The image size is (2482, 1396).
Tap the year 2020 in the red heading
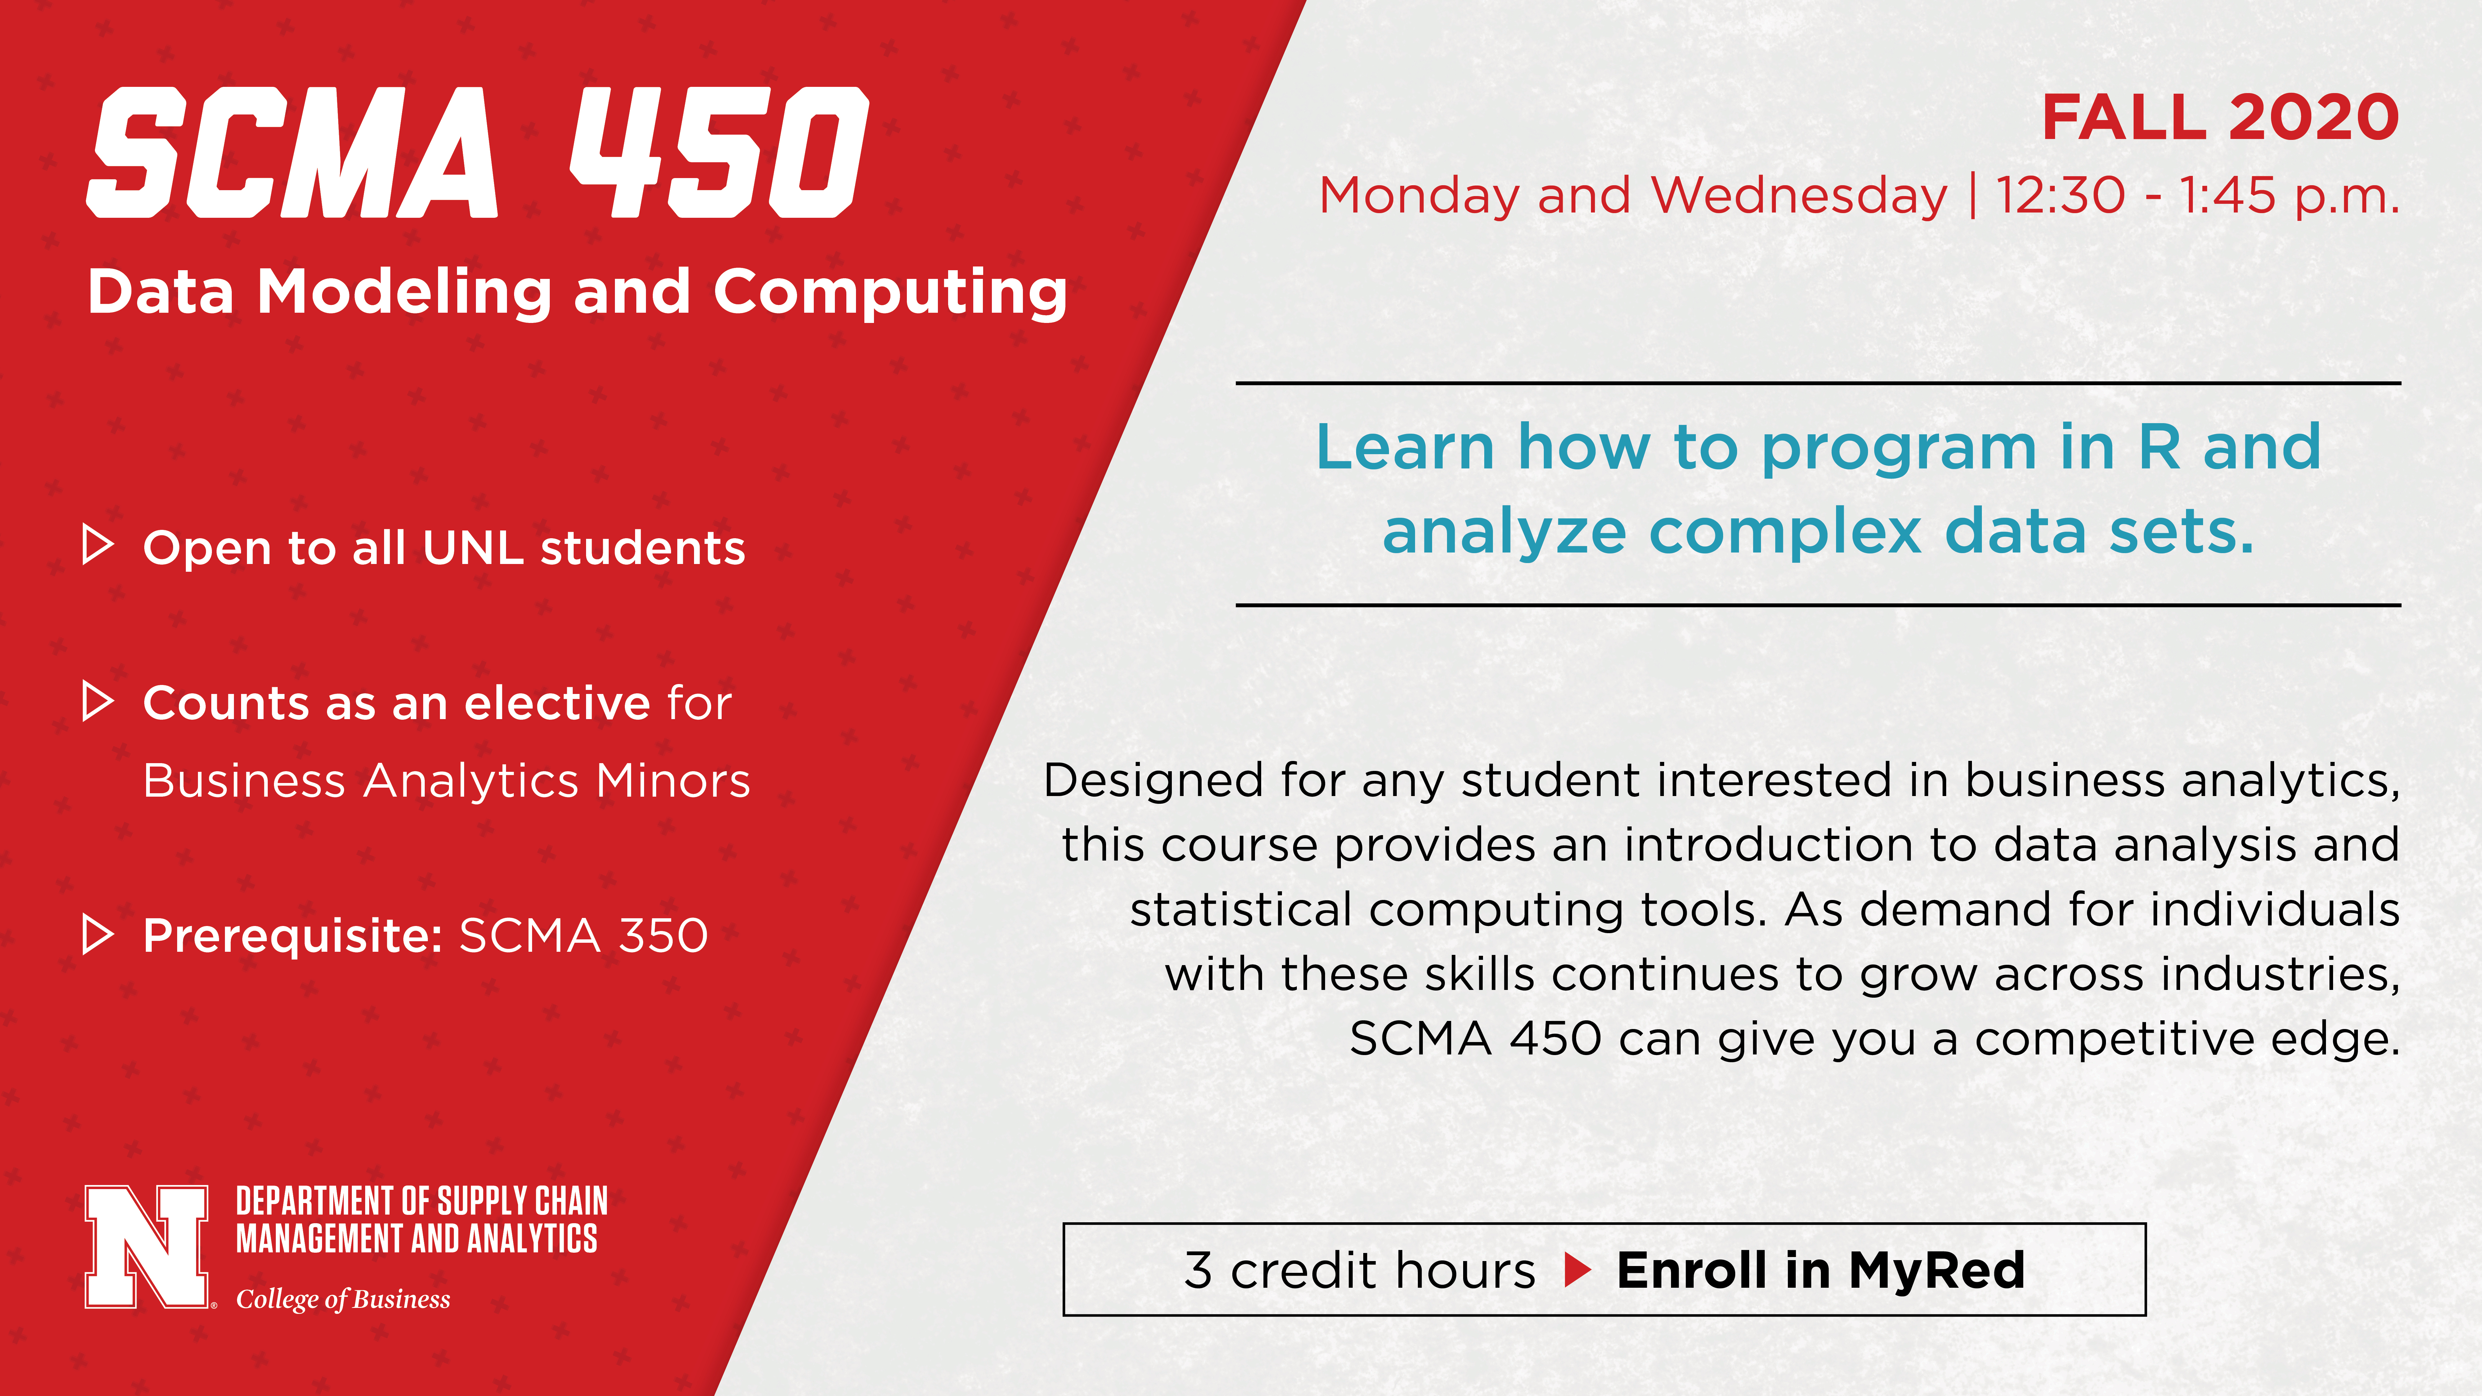2312,118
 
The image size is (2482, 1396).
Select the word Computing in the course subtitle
890,293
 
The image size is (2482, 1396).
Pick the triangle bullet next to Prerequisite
98,933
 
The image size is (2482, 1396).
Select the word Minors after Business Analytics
673,781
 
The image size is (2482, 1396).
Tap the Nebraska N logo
146,1247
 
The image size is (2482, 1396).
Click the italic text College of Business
343,1300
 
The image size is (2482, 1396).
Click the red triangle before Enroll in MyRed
1577,1270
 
